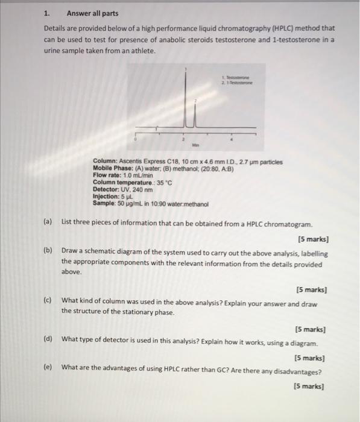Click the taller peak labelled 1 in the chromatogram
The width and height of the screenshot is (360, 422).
(x=186, y=96)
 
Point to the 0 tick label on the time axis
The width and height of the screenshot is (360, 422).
(x=136, y=138)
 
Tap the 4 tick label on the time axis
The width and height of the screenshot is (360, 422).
(x=233, y=138)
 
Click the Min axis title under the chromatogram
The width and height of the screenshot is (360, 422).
(x=195, y=145)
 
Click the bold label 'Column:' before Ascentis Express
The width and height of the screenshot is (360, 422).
(x=106, y=162)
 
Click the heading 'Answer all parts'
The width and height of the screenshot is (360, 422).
(x=92, y=13)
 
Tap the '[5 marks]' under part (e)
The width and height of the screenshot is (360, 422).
(x=307, y=386)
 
